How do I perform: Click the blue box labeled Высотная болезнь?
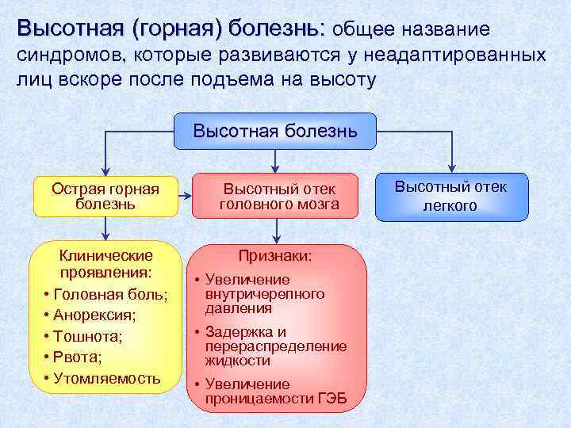point(274,131)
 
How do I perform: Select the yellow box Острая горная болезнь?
point(105,197)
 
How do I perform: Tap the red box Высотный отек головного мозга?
point(278,197)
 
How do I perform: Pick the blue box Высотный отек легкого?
point(451,197)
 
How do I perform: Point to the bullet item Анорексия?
point(95,315)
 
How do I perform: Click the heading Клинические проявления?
point(105,264)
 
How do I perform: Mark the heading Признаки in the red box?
point(276,257)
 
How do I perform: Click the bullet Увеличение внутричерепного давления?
point(264,294)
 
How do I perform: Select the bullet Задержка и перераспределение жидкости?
point(275,346)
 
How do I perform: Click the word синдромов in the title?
point(71,55)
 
